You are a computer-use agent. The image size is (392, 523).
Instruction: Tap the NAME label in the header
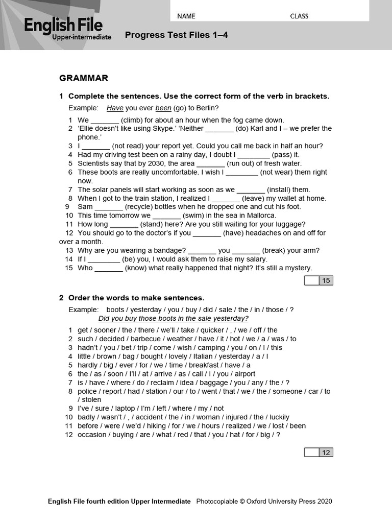tap(186, 16)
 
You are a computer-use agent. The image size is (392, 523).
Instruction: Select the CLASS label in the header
tap(299, 16)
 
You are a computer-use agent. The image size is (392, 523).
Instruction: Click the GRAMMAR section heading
tap(84, 78)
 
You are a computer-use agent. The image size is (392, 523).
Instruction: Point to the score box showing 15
tap(319, 280)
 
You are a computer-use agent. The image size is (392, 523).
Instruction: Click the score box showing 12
tap(319, 453)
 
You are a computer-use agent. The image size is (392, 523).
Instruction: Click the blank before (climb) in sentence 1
tap(105, 120)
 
